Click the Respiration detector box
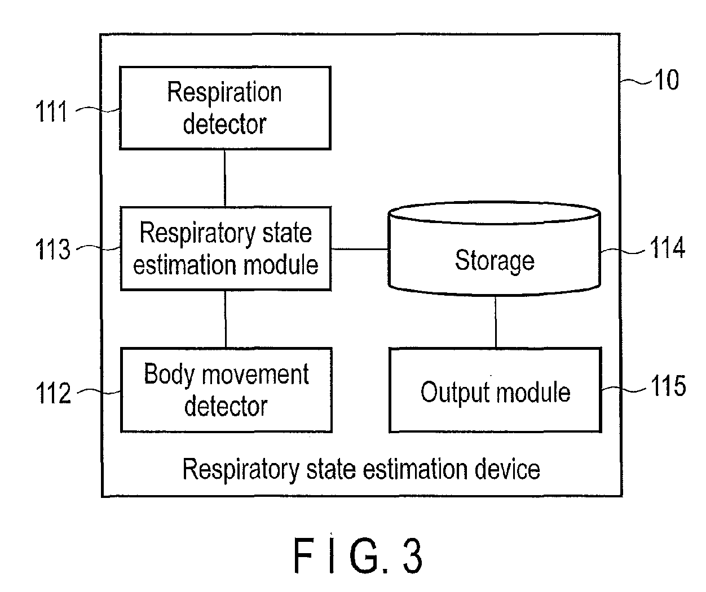[x=225, y=108]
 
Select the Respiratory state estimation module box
[x=226, y=248]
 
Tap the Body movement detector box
[x=226, y=390]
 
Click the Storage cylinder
[x=495, y=249]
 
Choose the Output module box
[x=495, y=390]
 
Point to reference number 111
[x=51, y=111]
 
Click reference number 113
[x=53, y=249]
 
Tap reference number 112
[x=54, y=393]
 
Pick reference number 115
[x=668, y=386]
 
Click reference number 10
[x=667, y=79]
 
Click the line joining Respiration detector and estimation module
[x=225, y=178]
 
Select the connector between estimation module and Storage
[x=360, y=249]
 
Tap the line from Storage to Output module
[x=496, y=322]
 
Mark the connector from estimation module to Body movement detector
[x=226, y=319]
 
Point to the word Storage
[x=495, y=261]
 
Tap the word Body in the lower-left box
[x=169, y=374]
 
